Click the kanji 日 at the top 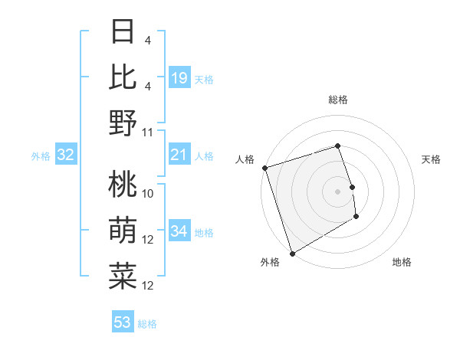coord(123,34)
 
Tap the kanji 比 coord(123,77)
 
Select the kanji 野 coord(123,122)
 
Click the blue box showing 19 coord(179,78)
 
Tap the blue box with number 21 coord(179,155)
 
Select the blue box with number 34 coord(179,232)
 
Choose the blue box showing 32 coord(66,155)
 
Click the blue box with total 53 coord(123,322)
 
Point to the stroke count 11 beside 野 coord(148,132)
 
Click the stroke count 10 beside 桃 coord(148,194)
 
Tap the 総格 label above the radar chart coord(338,100)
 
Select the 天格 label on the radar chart coord(431,159)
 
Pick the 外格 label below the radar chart coord(270,262)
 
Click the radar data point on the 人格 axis coord(264,167)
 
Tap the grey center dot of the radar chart coord(338,191)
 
